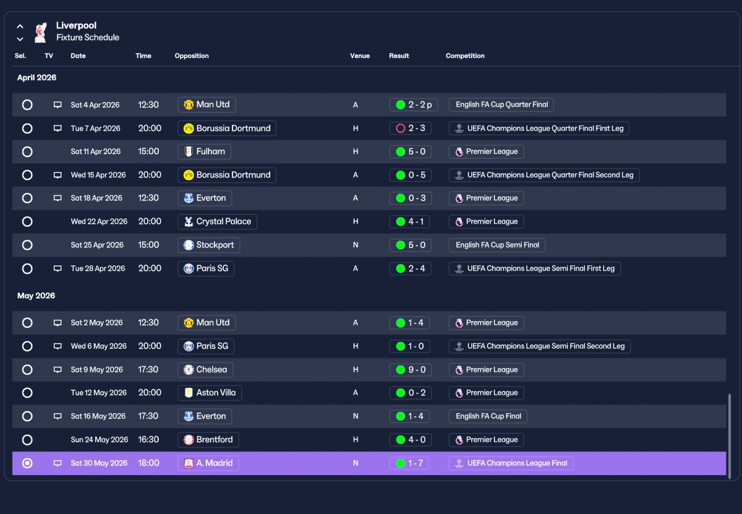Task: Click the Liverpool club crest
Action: tap(41, 32)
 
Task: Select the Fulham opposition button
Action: tap(204, 152)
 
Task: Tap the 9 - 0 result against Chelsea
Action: tap(410, 370)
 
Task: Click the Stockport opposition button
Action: tap(209, 245)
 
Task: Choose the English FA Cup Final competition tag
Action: tap(488, 416)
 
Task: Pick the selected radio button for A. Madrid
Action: tap(27, 463)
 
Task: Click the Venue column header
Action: tap(360, 56)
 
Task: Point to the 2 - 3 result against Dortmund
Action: tap(410, 128)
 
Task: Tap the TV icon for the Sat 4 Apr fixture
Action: tap(57, 105)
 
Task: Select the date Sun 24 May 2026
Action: tap(99, 439)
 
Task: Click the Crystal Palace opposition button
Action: tap(217, 221)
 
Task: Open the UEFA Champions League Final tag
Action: tap(511, 463)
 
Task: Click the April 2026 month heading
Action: tap(37, 78)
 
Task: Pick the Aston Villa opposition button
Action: tap(210, 393)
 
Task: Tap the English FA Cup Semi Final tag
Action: tap(497, 245)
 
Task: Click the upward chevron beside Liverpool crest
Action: tap(20, 27)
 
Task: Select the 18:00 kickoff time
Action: tap(149, 463)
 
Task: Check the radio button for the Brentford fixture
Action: tap(27, 440)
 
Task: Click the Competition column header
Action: tap(465, 56)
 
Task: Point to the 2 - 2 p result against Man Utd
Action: tap(414, 105)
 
